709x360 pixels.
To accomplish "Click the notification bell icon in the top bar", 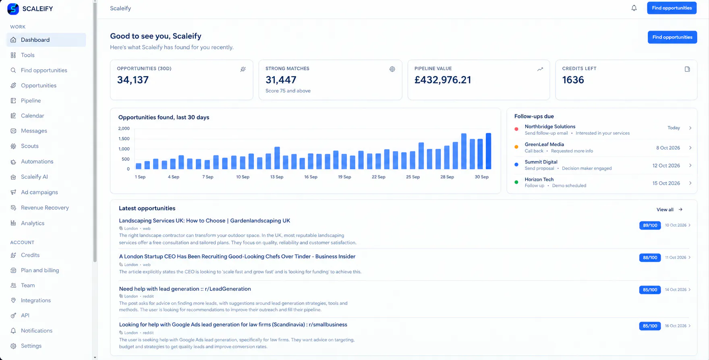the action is [634, 8].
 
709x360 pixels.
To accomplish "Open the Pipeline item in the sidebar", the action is [31, 101].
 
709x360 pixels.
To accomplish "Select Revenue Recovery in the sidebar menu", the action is [45, 208].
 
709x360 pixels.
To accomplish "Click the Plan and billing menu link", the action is [40, 270].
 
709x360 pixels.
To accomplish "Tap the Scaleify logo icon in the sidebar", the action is [13, 9].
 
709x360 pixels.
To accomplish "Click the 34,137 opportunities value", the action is [133, 80].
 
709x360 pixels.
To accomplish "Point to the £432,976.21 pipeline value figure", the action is [443, 80].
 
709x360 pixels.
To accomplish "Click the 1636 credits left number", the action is [573, 80].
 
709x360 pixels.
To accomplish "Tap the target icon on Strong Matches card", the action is [392, 69].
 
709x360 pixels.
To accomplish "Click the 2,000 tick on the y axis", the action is [124, 128].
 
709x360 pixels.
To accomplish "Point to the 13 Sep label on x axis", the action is [277, 177].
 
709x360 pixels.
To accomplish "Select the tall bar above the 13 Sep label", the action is [277, 158].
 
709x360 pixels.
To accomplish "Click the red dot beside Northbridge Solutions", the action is [516, 129].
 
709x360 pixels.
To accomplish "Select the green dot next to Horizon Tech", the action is [516, 182].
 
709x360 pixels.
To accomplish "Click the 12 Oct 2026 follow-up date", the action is [666, 166].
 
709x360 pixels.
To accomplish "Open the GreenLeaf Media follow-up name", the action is [544, 144].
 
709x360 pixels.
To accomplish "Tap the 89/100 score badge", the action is [650, 225].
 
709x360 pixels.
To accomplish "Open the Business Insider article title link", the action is [237, 257].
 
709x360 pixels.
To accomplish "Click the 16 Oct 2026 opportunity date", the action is [676, 326].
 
